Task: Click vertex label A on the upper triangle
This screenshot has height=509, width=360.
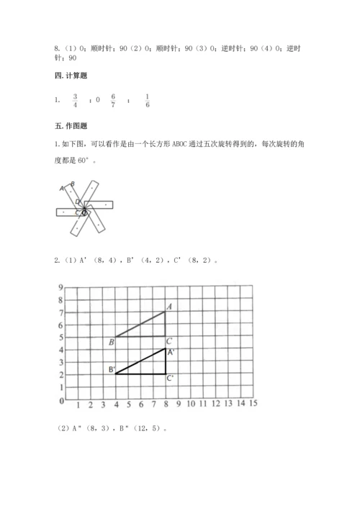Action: click(168, 307)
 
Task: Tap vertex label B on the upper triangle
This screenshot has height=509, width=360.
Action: click(112, 342)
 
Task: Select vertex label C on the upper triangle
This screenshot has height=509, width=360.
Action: click(168, 341)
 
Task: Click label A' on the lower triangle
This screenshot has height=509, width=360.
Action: click(171, 353)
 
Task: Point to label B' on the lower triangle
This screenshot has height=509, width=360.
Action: click(112, 370)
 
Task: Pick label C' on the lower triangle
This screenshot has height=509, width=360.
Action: click(171, 378)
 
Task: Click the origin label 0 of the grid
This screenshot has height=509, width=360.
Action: click(63, 400)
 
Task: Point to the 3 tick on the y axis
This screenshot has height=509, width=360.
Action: click(62, 363)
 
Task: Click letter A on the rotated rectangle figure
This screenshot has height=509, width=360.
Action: click(63, 189)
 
